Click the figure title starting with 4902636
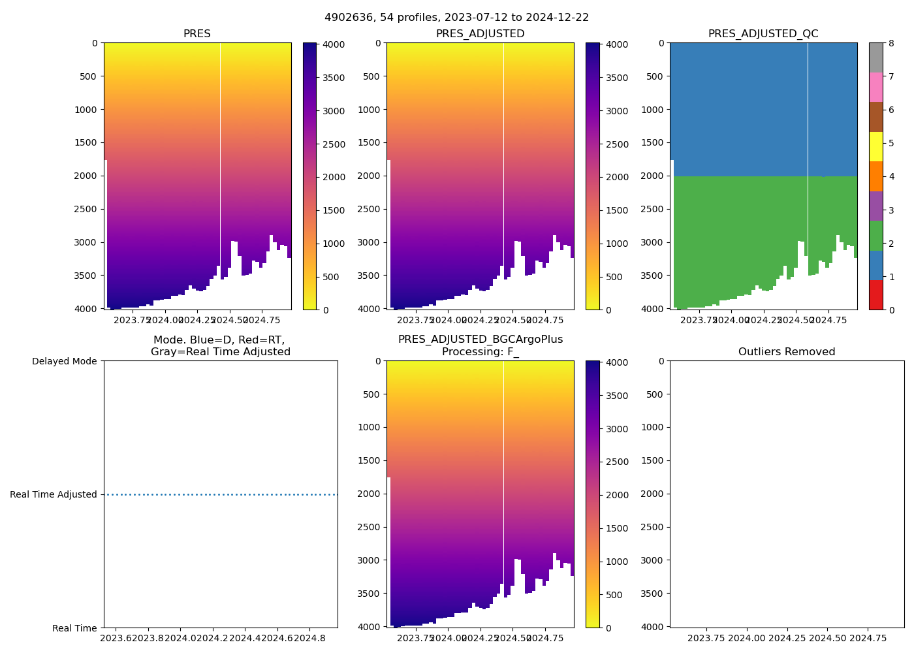pyautogui.click(x=456, y=18)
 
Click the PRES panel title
pyautogui.click(x=197, y=34)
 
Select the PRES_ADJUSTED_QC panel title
pyautogui.click(x=763, y=34)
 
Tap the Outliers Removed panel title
pyautogui.click(x=787, y=352)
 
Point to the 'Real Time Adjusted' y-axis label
pyautogui.click(x=54, y=494)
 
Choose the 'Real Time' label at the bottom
pyautogui.click(x=74, y=628)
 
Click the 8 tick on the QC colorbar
pyautogui.click(x=891, y=43)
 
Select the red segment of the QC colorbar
pyautogui.click(x=875, y=295)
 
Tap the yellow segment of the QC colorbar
pyautogui.click(x=875, y=146)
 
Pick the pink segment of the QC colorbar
pyautogui.click(x=875, y=87)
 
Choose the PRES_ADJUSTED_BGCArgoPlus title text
pyautogui.click(x=480, y=340)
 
